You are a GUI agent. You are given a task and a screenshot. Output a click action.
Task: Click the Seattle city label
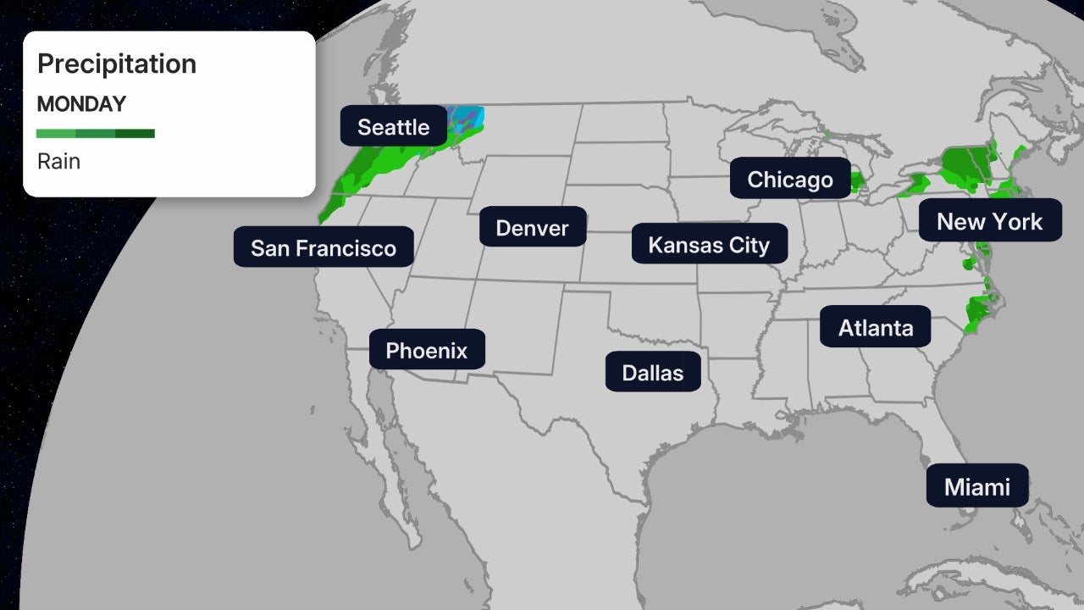(393, 127)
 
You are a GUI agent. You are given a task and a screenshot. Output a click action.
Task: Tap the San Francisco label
(324, 247)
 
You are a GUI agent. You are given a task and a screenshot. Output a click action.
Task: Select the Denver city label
(532, 227)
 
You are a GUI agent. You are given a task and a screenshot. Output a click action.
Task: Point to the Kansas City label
(709, 245)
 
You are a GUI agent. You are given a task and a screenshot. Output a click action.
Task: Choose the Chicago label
(790, 179)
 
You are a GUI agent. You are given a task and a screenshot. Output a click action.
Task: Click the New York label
(989, 221)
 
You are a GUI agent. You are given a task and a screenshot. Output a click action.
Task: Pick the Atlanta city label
(876, 327)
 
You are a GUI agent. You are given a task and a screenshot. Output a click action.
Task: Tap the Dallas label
(652, 372)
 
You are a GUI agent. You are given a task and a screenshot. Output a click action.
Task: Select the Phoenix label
(426, 350)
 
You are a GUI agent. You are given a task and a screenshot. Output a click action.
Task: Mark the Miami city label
(976, 486)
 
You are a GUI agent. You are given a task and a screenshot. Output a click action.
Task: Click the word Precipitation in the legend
(117, 64)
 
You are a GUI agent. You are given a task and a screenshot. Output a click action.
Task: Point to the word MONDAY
(81, 104)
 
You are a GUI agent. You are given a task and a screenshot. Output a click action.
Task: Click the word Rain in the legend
(58, 161)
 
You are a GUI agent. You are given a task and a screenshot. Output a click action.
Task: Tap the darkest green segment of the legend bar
(135, 133)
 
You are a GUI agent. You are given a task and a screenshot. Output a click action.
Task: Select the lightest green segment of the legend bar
(56, 133)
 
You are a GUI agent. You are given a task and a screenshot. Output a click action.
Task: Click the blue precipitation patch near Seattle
(469, 118)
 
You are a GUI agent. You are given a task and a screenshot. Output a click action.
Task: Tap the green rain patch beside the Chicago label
(856, 180)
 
